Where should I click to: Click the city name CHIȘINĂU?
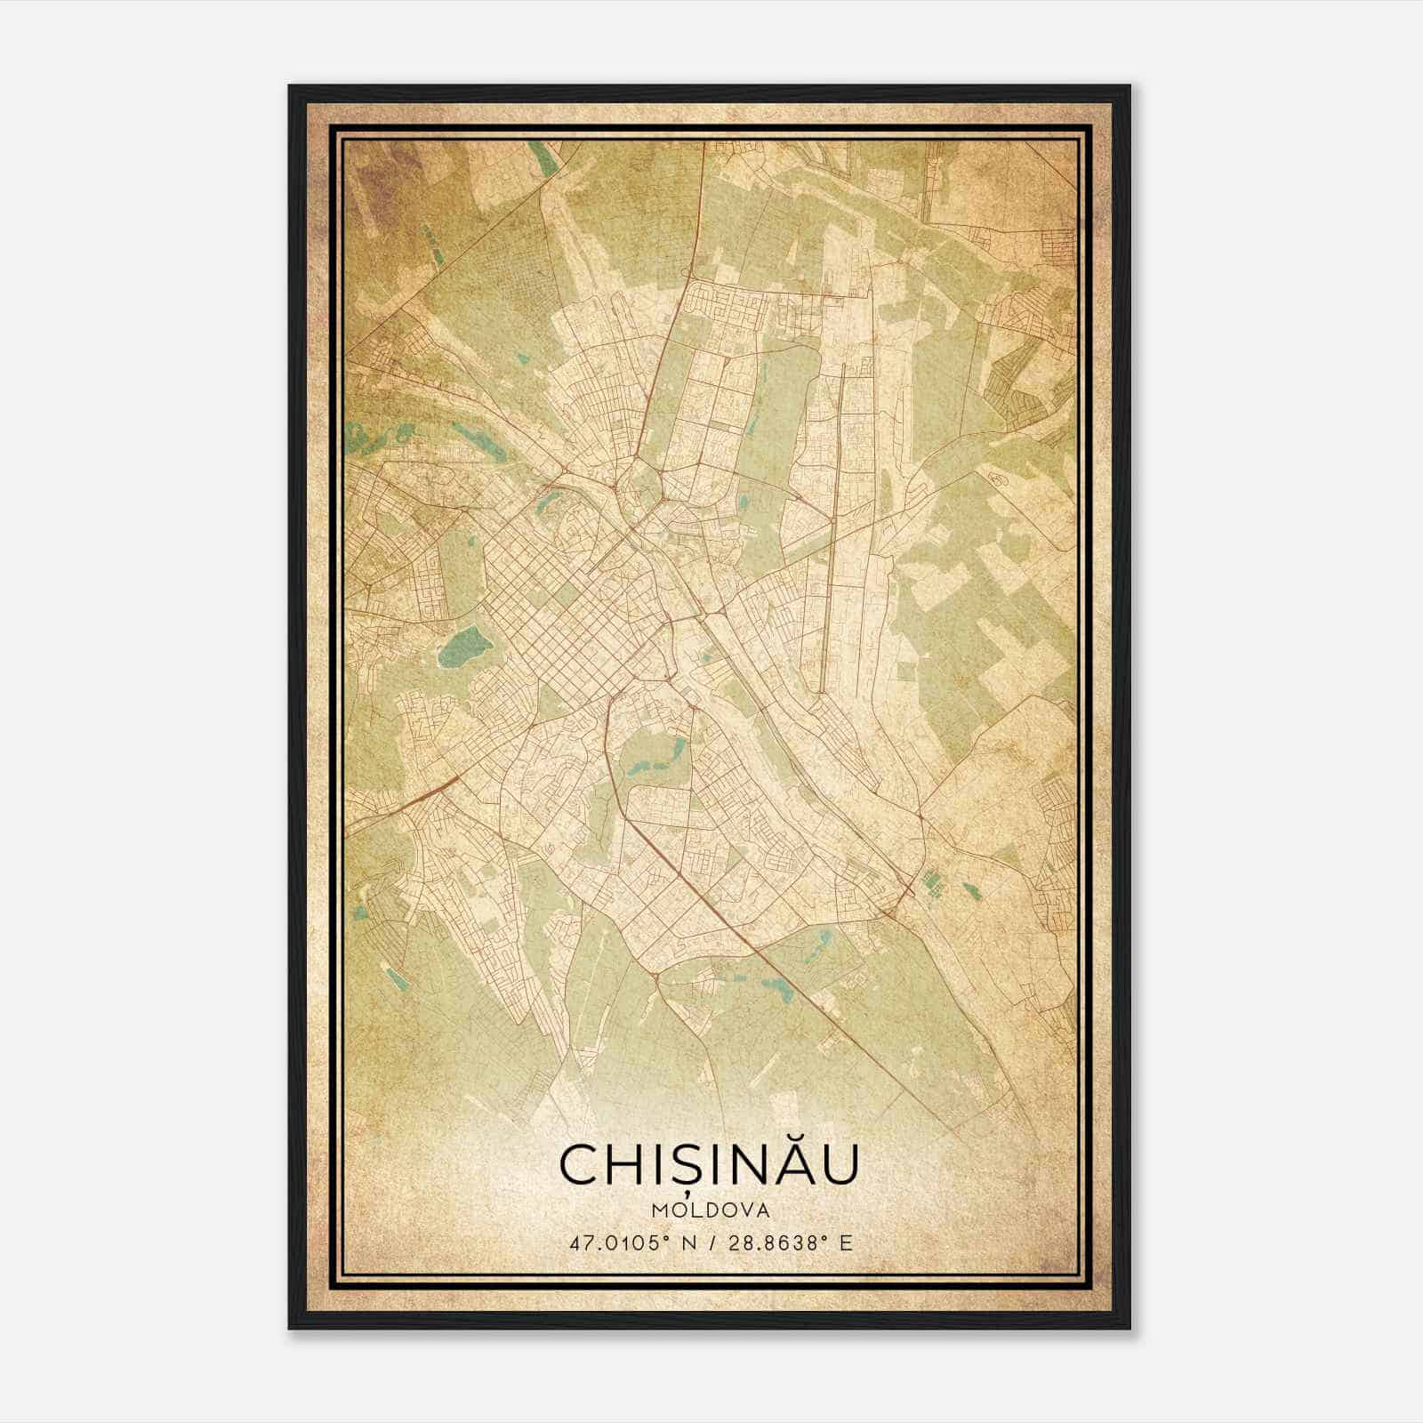point(709,1164)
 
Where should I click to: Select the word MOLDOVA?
point(710,1210)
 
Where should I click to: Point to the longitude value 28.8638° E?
point(790,1243)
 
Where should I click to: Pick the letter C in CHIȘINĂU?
point(581,1164)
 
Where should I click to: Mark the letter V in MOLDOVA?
point(745,1210)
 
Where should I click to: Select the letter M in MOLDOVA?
point(658,1210)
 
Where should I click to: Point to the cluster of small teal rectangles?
point(932,882)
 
